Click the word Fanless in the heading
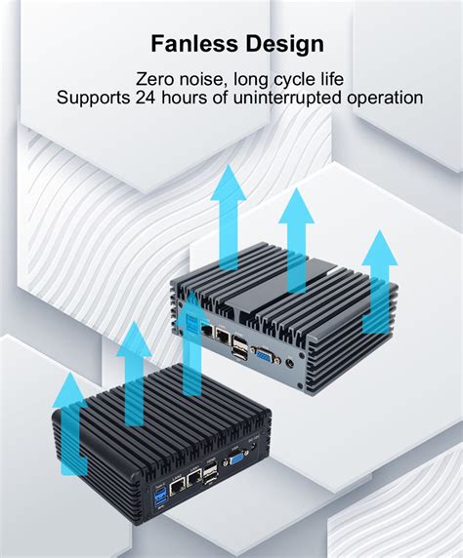coord(194,44)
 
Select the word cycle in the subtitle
coord(291,80)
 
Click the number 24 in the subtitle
coord(146,98)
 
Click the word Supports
coord(93,99)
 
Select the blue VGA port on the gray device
coord(265,354)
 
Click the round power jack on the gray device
coord(290,363)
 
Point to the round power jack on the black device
coord(253,447)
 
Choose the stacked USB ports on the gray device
coord(238,346)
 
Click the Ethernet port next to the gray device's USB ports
coord(223,335)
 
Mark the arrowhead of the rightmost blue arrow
coord(380,248)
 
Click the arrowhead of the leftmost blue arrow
coord(70,389)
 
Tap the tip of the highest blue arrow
coord(228,165)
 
